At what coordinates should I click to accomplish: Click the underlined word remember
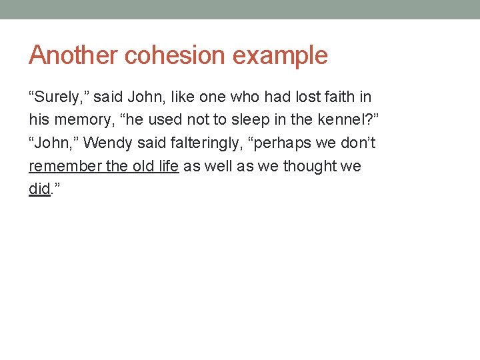pyautogui.click(x=65, y=166)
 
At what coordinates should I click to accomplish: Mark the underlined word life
pyautogui.click(x=168, y=166)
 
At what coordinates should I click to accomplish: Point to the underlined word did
pyautogui.click(x=39, y=189)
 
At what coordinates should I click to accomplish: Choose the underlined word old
pyautogui.click(x=143, y=166)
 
